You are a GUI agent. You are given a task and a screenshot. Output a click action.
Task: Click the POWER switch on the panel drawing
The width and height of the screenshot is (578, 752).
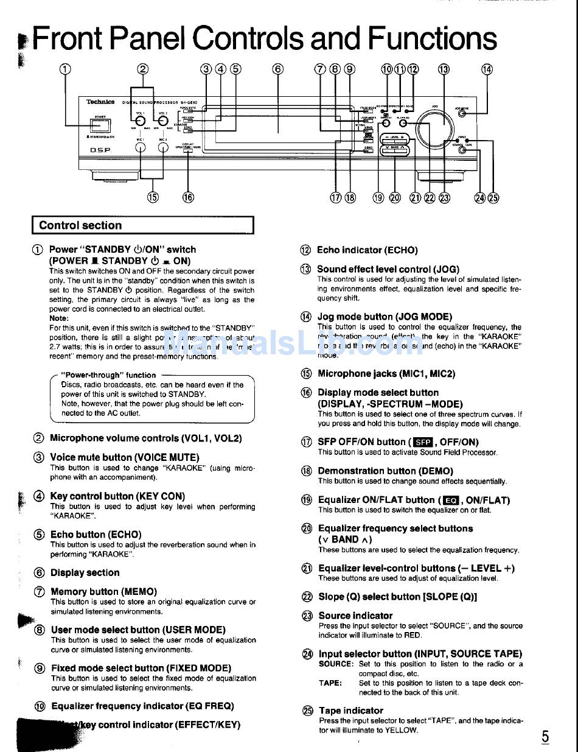100,125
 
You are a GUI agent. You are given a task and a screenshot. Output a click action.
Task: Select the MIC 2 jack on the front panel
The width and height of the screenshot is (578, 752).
163,147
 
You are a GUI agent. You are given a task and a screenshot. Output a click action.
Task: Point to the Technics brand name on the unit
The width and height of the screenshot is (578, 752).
100,102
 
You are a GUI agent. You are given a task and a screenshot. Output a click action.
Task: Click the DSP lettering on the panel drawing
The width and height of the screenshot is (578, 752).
100,150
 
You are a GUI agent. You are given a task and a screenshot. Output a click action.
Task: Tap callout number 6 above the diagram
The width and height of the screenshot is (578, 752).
278,69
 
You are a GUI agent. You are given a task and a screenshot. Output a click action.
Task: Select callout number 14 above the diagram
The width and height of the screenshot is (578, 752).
487,69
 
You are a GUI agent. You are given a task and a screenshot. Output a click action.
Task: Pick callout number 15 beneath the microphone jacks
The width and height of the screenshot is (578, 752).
152,197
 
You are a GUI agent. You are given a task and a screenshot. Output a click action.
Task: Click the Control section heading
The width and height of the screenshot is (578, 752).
80,225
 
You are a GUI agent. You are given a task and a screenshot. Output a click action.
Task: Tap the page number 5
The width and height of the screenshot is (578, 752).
545,737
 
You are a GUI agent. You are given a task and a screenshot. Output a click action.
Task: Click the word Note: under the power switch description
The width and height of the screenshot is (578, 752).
59,318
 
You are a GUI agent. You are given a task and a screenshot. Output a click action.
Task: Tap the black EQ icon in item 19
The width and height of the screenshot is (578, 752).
450,501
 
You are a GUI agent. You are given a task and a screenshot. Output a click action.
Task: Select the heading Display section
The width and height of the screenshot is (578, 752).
85,572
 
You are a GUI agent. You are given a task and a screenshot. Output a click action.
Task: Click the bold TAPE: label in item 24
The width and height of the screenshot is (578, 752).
330,683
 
